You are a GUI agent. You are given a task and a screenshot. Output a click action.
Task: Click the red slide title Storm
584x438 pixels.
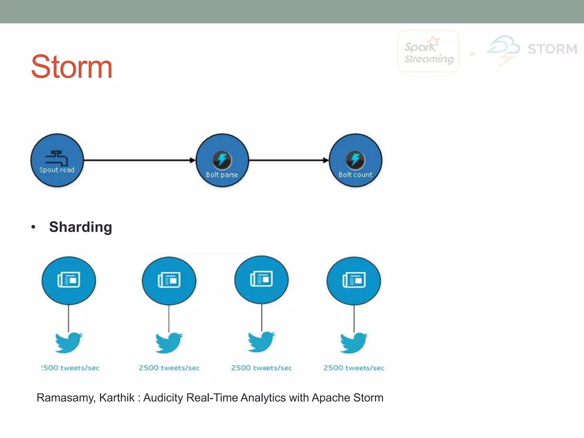coord(72,67)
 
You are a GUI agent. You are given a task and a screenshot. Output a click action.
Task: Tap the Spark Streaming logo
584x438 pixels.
coord(428,52)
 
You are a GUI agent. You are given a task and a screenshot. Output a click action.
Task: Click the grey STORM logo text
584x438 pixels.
coord(552,49)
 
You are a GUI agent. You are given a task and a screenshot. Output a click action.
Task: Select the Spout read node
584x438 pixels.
coord(57,160)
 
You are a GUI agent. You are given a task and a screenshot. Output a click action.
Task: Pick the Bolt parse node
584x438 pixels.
coord(222,160)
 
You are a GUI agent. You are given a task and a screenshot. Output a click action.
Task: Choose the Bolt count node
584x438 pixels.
coord(355,160)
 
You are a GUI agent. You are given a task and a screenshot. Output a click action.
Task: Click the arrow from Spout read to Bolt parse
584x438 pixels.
coord(139,160)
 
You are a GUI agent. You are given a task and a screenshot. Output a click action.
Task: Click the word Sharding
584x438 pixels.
coord(80,227)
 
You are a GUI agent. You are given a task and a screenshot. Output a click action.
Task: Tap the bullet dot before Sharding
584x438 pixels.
coord(33,227)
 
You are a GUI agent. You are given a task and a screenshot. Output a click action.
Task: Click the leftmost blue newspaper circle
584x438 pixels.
coord(69,280)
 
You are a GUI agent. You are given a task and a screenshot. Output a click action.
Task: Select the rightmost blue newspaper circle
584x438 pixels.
coord(354,280)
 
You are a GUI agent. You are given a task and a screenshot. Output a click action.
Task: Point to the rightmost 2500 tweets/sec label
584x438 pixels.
coord(354,368)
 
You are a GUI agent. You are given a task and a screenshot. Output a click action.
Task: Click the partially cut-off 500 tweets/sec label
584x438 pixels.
coord(70,368)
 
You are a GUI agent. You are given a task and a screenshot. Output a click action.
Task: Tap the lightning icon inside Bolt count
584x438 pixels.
coord(355,159)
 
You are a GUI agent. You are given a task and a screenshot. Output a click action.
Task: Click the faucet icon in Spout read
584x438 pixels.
coord(57,157)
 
